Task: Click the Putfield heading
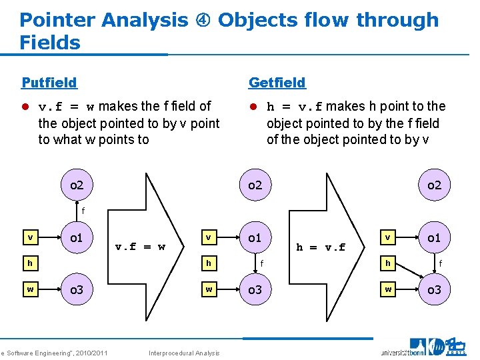pos(49,83)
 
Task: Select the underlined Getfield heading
pos(277,83)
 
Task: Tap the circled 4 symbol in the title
pos(203,21)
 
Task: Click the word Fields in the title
pos(50,43)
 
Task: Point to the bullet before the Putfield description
pos(26,107)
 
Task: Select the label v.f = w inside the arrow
pos(140,247)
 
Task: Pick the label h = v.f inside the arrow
pos(321,247)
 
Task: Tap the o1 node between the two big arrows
pos(255,238)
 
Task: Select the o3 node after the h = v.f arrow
pos(434,289)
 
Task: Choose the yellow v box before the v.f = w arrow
pos(29,237)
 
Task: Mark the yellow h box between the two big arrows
pos(209,263)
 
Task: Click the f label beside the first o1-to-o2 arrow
pos(83,211)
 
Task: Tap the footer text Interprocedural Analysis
pos(183,353)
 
